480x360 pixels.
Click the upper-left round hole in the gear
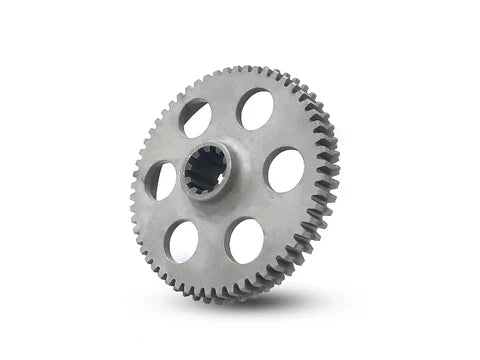pos(195,119)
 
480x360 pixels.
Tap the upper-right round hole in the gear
pos(255,109)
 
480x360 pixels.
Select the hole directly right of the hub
pos(285,170)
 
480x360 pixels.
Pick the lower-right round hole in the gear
pos(246,240)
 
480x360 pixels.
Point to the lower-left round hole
pos(183,242)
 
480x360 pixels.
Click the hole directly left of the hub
pos(160,181)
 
